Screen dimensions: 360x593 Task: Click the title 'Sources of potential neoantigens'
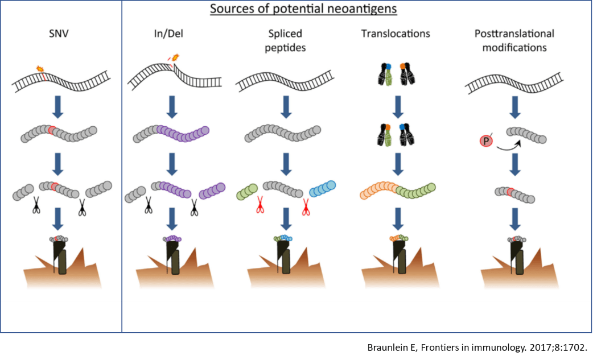click(x=296, y=9)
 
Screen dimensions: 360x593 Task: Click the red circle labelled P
click(x=485, y=141)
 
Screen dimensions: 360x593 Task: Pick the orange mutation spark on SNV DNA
click(x=40, y=68)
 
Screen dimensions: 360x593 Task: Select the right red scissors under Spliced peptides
click(x=306, y=205)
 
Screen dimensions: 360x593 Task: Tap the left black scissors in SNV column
click(x=36, y=206)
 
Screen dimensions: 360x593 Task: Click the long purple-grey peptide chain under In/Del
click(x=171, y=135)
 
